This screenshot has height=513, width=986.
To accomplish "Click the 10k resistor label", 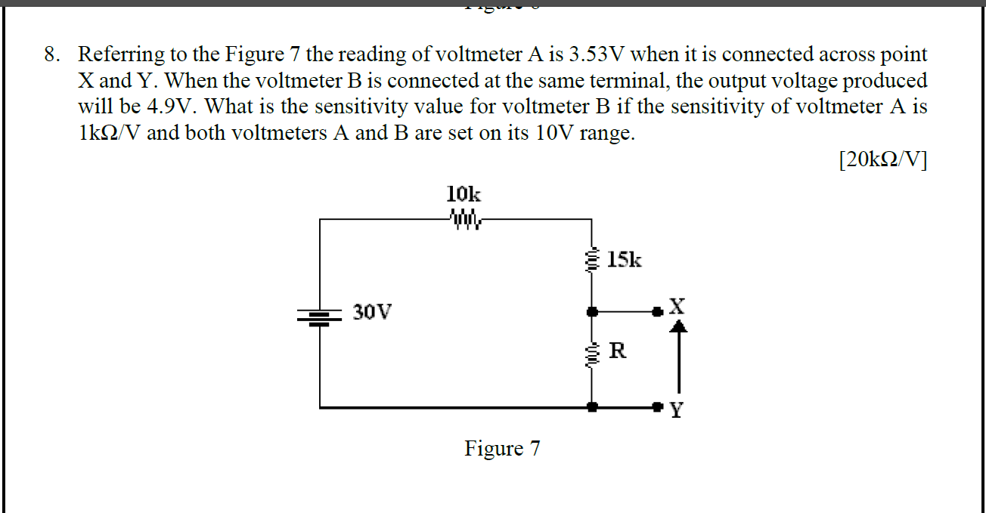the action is point(464,193).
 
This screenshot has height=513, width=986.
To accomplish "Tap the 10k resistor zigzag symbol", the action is point(464,219).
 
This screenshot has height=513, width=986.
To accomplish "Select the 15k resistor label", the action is point(624,261).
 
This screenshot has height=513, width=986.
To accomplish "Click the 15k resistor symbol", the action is point(591,260).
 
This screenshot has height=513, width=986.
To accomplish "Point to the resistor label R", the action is point(617,351).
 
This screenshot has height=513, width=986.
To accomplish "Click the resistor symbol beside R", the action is point(591,353).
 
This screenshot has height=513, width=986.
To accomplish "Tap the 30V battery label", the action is point(372,311).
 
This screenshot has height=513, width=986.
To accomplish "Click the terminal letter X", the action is point(677,306).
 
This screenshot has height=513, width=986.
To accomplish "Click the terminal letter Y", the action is point(677,411).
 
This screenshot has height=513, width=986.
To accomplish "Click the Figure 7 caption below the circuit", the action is point(502,449).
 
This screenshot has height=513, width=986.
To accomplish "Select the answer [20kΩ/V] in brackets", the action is point(882,160).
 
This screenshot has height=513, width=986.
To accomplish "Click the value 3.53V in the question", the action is point(597,54).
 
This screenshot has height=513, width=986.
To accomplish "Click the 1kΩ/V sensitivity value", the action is point(110,133).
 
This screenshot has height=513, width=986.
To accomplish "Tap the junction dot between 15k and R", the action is point(592,310).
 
